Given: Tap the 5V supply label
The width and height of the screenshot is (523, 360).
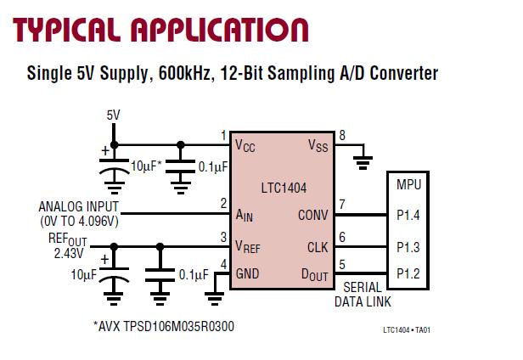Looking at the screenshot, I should click(114, 115).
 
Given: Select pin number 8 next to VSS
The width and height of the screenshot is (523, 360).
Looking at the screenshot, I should click(342, 136).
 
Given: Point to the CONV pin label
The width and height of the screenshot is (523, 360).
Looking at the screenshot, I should click(312, 215).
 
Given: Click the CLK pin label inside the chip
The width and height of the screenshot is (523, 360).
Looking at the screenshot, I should click(318, 247).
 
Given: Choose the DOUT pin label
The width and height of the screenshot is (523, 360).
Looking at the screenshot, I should click(312, 275).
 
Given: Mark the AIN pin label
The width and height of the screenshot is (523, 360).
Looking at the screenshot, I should click(245, 215).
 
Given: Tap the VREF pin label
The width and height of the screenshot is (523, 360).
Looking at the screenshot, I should click(249, 248).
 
